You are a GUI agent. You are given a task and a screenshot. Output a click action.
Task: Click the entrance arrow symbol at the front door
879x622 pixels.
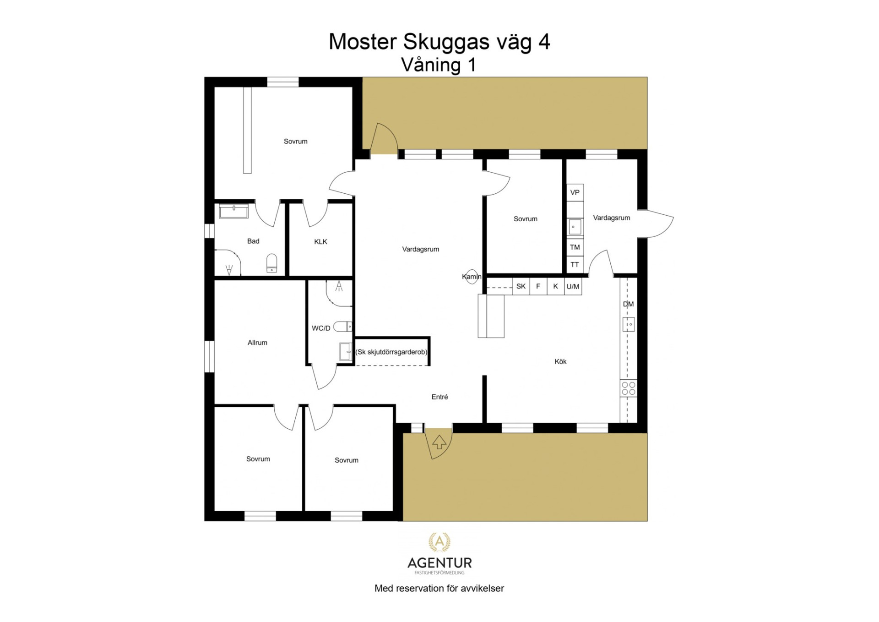point(439,442)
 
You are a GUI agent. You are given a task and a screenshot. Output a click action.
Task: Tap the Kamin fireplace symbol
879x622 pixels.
point(472,276)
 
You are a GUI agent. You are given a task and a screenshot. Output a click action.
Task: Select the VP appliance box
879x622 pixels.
point(575,192)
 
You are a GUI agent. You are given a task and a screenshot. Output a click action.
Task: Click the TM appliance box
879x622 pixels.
point(575,247)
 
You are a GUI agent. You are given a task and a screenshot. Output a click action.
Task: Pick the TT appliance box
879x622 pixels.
point(575,265)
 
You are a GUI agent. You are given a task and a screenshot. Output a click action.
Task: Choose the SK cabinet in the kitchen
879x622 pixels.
point(521,286)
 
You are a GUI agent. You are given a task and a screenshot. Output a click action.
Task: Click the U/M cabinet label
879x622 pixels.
point(573,287)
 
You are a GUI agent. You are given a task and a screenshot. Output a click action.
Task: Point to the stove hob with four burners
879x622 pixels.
point(629,389)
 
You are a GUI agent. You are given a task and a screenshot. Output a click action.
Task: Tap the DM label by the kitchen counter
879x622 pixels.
point(628,304)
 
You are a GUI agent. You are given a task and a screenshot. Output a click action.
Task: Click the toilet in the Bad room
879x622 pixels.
point(272,263)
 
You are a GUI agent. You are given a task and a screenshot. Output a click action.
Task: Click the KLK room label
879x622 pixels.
point(320,242)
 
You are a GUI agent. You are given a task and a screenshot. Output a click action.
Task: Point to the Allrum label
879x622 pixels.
point(257,343)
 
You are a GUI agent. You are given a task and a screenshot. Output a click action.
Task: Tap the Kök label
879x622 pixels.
point(560,361)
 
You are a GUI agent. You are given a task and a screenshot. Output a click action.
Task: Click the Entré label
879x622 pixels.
point(439,397)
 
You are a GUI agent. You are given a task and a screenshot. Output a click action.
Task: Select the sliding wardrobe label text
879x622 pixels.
point(391,352)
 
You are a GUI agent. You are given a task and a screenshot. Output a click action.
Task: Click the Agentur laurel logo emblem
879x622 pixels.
point(439,542)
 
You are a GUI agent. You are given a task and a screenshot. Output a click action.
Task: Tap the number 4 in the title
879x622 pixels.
point(544,42)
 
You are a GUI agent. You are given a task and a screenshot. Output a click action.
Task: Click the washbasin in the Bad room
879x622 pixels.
point(233,211)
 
